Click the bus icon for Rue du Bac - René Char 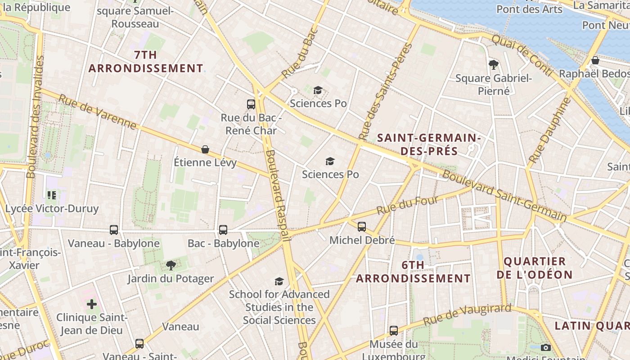tap(251, 104)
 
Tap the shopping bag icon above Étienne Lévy tap(205, 149)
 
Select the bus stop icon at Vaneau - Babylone tap(114, 230)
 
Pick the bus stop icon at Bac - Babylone tap(223, 230)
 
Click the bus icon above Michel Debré tap(362, 227)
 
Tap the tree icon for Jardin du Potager tap(171, 265)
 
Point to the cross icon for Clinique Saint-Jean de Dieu tap(92, 304)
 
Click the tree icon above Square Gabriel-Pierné tap(494, 65)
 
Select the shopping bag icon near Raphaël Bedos tap(595, 60)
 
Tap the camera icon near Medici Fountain tap(546, 347)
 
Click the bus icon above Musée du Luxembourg tap(394, 331)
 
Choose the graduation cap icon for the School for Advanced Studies tap(279, 281)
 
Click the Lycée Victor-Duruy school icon tap(52, 195)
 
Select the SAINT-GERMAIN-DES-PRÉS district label tap(429, 144)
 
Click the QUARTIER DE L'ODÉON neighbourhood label tap(538, 268)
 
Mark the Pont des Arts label tap(529, 9)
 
